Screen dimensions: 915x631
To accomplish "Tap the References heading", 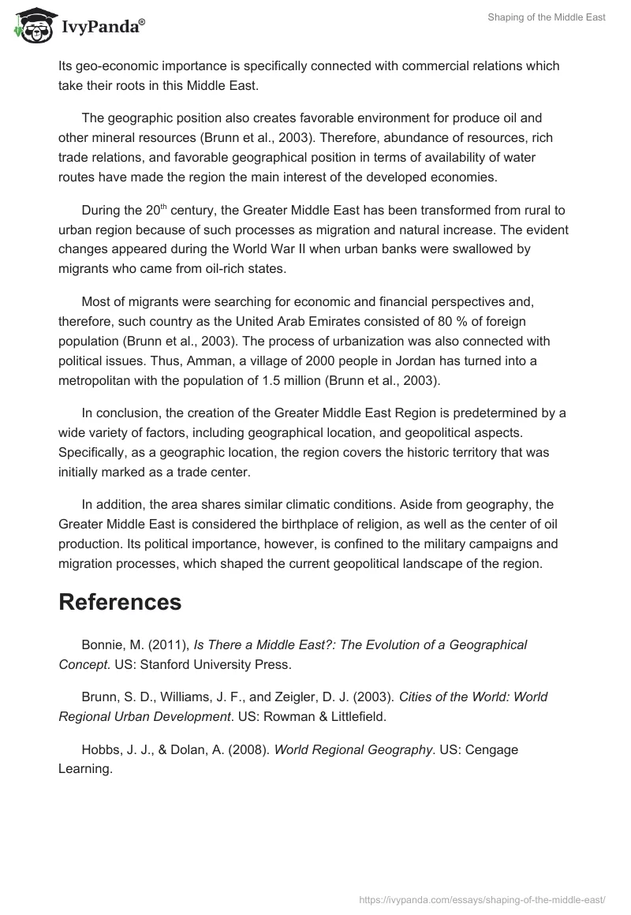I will [x=120, y=602].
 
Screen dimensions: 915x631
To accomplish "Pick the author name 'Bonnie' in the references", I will [x=101, y=644].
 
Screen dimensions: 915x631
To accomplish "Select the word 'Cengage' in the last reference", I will [x=493, y=749].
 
